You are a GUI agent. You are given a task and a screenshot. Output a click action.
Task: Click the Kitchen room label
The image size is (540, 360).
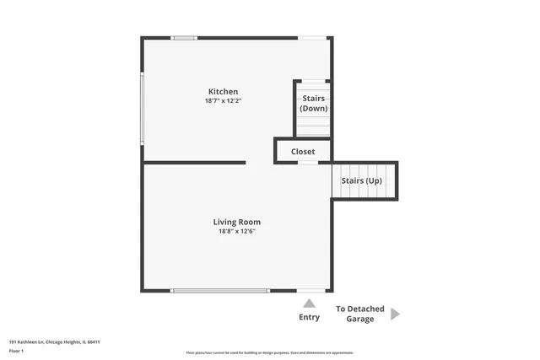point(224,91)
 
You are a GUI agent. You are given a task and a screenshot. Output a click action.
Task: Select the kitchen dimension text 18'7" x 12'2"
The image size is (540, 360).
point(224,100)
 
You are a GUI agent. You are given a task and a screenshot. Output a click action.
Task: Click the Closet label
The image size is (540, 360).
point(303,152)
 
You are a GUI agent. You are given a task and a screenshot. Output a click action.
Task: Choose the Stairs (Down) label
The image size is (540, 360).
point(314,103)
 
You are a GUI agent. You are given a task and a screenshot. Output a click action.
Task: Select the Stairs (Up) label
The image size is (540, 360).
point(361,180)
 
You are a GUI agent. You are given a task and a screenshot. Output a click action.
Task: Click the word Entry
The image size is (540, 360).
point(310,317)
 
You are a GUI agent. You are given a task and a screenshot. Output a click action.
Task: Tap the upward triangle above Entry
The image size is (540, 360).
point(310,303)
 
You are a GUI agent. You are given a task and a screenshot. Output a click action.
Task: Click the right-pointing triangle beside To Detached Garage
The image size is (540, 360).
point(395,314)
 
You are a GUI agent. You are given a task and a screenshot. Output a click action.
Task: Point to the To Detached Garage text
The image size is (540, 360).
point(360,314)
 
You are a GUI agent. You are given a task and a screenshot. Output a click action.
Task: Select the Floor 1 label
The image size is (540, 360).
point(16,350)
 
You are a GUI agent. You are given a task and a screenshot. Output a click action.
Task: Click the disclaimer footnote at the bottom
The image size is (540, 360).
point(270,352)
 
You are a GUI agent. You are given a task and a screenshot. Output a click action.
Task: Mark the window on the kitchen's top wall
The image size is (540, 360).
point(184,37)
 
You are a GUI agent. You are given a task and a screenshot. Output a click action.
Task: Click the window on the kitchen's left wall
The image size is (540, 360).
point(143,109)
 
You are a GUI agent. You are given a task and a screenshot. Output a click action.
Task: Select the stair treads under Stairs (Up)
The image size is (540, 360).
point(363,193)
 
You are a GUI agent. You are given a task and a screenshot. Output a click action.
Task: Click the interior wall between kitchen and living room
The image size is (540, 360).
point(194,163)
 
